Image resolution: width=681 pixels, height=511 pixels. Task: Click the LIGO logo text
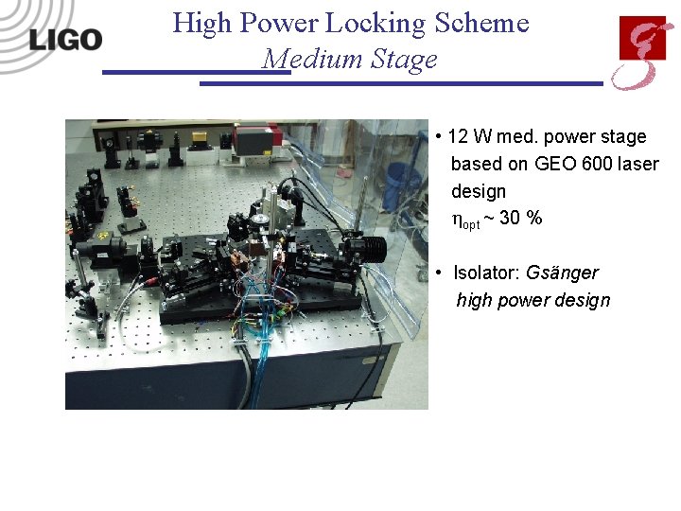tap(65, 39)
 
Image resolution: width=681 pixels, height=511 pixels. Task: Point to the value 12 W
tap(467, 137)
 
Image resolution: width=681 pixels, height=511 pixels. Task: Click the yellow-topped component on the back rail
tap(200, 138)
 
